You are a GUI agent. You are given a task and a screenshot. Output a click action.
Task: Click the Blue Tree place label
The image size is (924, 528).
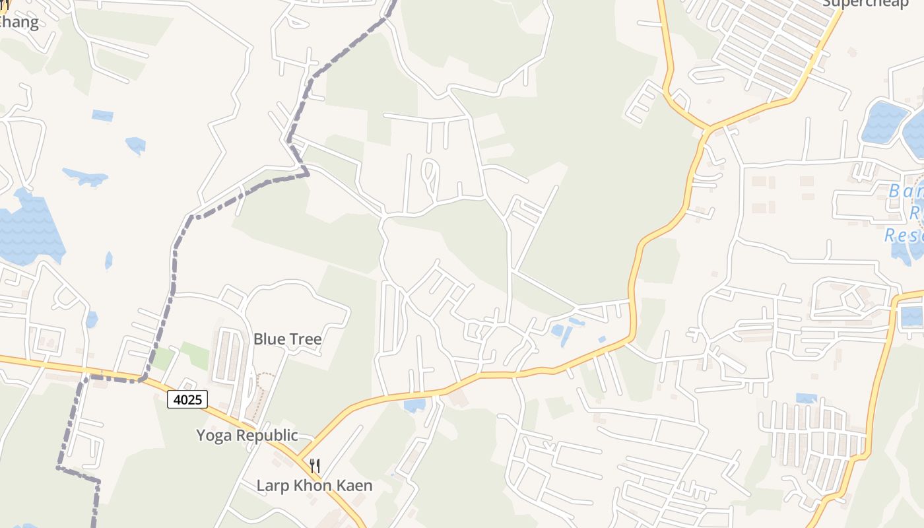click(x=288, y=339)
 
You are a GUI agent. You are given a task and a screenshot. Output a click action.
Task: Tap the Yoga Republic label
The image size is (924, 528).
click(x=247, y=436)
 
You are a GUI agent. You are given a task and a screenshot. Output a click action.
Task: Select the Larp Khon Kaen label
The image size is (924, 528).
click(x=314, y=486)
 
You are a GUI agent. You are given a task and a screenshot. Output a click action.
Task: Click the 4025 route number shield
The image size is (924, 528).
click(x=187, y=399)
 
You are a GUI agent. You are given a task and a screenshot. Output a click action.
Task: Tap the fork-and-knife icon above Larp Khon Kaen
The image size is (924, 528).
click(x=315, y=465)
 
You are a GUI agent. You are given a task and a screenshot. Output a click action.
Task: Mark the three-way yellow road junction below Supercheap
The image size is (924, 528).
click(x=708, y=127)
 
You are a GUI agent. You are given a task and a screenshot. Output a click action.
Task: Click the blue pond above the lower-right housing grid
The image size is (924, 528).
click(x=806, y=398)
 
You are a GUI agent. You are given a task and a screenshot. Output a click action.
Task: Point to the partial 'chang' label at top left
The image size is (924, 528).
click(x=18, y=22)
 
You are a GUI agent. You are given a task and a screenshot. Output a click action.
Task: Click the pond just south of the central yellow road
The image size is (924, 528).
click(x=414, y=405)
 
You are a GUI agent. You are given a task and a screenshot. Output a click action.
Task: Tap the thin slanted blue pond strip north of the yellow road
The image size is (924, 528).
click(x=566, y=337)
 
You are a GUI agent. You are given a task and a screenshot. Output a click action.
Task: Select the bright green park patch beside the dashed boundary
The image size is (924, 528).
click(x=196, y=355)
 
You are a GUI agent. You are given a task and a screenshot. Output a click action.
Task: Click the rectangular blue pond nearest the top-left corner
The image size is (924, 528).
click(x=102, y=115)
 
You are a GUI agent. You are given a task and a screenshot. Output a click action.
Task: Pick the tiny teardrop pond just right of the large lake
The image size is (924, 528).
click(x=109, y=261)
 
